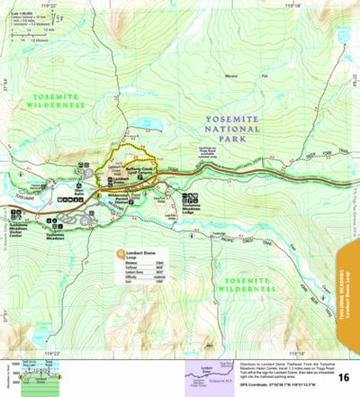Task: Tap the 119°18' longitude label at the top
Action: tap(287, 5)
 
